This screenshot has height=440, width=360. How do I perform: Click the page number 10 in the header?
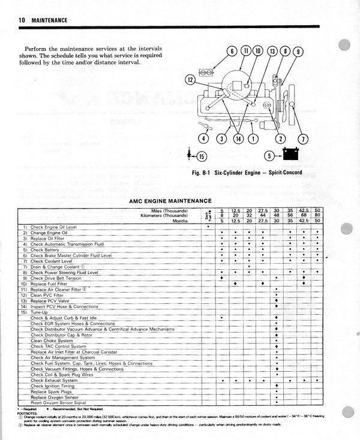click(x=22, y=20)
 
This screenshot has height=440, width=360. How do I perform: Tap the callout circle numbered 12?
click(x=190, y=79)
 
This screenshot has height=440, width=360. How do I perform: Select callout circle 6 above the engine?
click(x=232, y=51)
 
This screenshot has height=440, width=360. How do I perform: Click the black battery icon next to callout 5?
click(x=292, y=156)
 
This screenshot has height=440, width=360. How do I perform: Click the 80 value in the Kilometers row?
click(x=317, y=215)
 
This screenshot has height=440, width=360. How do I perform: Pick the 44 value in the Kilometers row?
click(x=263, y=215)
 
